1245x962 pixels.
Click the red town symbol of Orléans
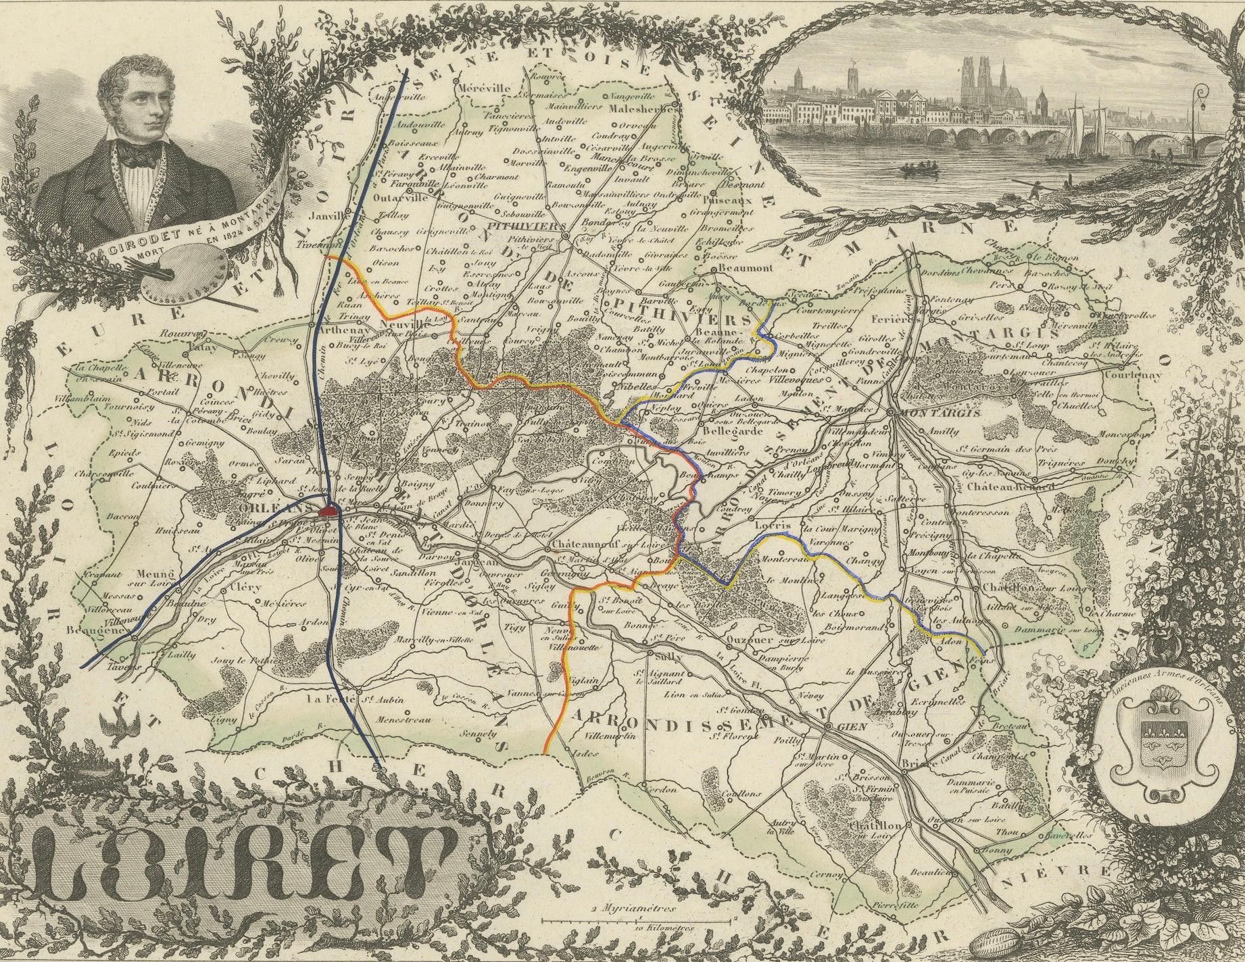point(331,511)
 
